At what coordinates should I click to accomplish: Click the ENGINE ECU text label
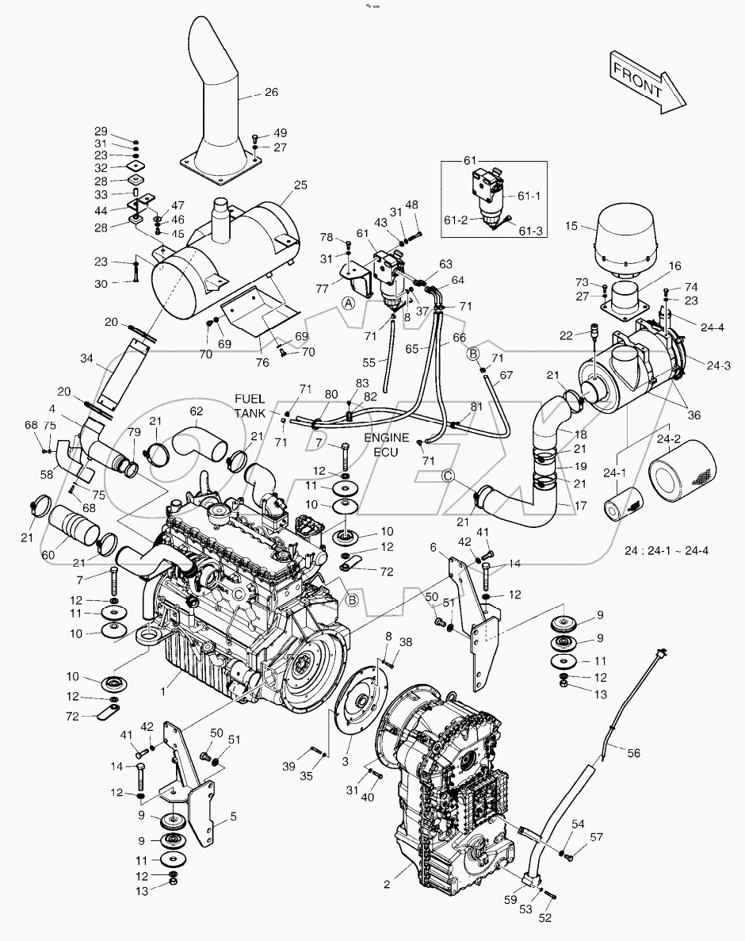(x=386, y=444)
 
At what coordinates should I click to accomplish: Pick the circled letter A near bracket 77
(x=347, y=303)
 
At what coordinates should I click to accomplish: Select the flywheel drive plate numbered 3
(x=363, y=705)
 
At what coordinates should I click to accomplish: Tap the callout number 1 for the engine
(x=162, y=691)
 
